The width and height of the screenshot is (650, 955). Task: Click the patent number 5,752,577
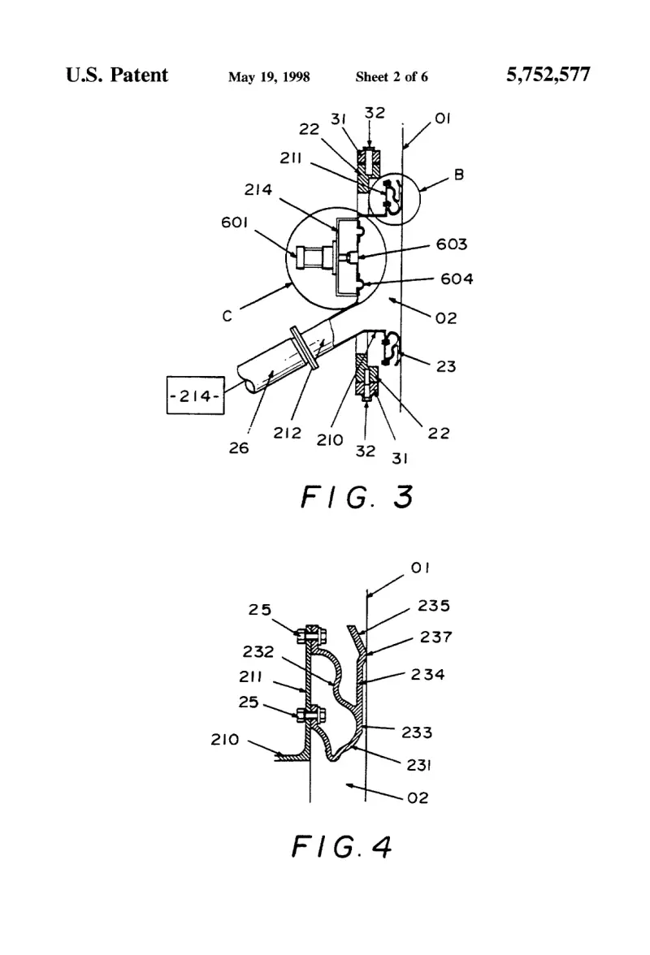coord(548,75)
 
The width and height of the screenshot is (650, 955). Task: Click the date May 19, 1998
coord(269,76)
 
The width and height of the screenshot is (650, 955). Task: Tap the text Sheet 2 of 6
coord(391,76)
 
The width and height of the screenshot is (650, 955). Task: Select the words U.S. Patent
coord(117,75)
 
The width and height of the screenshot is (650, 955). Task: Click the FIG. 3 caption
coord(357,497)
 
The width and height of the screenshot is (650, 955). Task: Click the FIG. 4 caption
coord(341,846)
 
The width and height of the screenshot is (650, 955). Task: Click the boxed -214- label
coord(196,396)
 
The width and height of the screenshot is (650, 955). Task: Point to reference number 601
coord(234,223)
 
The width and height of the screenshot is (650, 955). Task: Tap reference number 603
coord(452,244)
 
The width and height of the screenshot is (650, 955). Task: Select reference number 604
coord(457,279)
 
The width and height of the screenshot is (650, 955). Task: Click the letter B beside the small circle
coord(459,175)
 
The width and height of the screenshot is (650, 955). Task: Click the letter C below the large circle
coord(227,316)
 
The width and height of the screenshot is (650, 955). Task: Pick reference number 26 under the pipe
coord(239,448)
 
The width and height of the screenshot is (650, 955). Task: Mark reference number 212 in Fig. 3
coord(287,433)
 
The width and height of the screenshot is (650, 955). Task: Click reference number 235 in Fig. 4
coord(434,606)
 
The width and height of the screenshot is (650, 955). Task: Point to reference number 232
coord(258,651)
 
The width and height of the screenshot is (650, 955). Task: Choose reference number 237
coord(435,637)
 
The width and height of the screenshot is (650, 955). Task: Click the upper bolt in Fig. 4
coord(311,635)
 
